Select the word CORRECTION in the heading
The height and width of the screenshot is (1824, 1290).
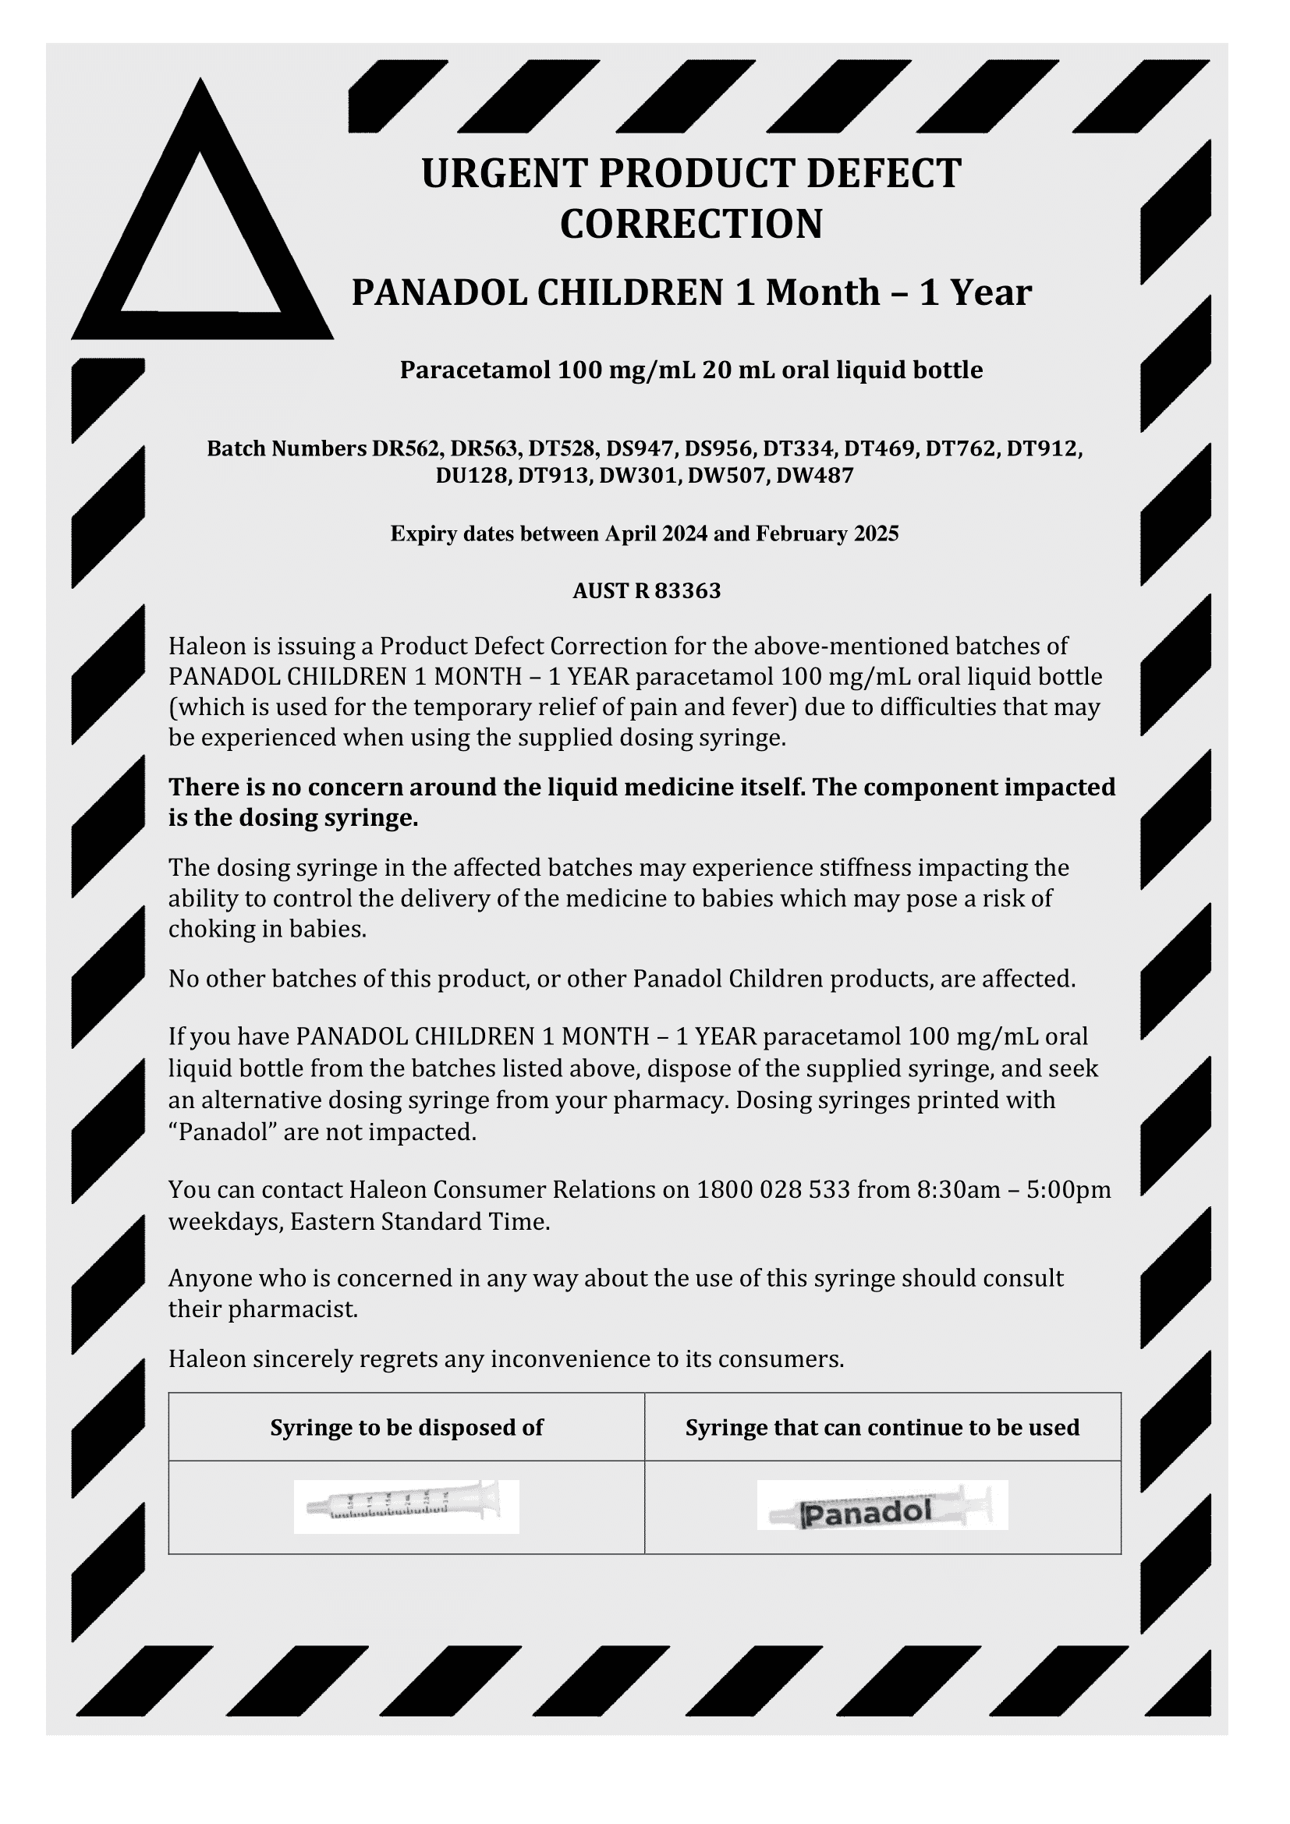[x=691, y=224]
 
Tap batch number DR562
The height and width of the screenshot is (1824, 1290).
[x=405, y=449]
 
